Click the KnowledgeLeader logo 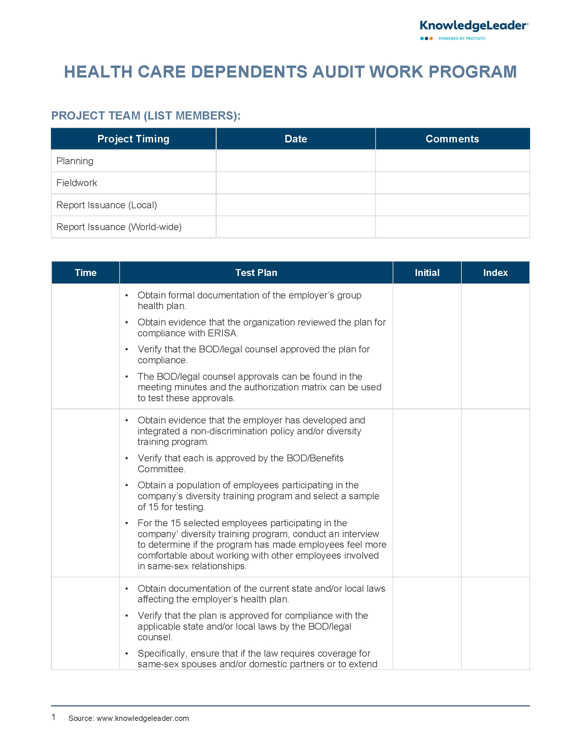coord(474,26)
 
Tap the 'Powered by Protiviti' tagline coord(461,39)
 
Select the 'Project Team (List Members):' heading coord(146,116)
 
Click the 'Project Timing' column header coord(133,139)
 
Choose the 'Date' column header coord(296,139)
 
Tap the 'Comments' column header coord(452,139)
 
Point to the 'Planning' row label coord(75,161)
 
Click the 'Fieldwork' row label coord(77,183)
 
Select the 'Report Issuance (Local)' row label coord(107,205)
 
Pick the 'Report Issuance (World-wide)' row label coord(119,227)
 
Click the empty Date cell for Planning coord(296,161)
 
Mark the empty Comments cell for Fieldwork coord(452,183)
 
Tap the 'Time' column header coord(85,273)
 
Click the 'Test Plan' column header coord(256,273)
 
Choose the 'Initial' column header coord(427,273)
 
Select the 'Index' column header coord(495,273)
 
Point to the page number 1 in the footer coord(54,717)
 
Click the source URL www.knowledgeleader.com coord(143,718)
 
